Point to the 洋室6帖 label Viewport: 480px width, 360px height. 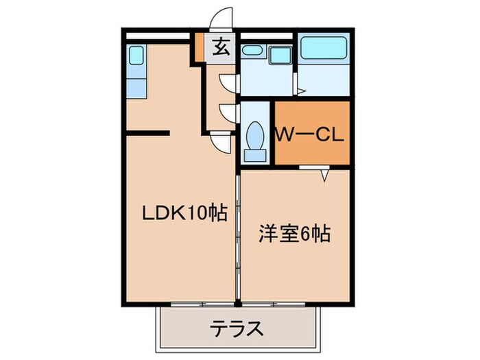(294, 235)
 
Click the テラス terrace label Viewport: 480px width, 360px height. (236, 328)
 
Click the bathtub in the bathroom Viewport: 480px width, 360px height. (324, 48)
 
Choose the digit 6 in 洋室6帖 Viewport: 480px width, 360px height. (305, 235)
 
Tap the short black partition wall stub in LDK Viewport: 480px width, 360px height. (147, 131)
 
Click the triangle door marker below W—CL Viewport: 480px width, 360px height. (326, 176)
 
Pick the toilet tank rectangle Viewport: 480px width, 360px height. (255, 156)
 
